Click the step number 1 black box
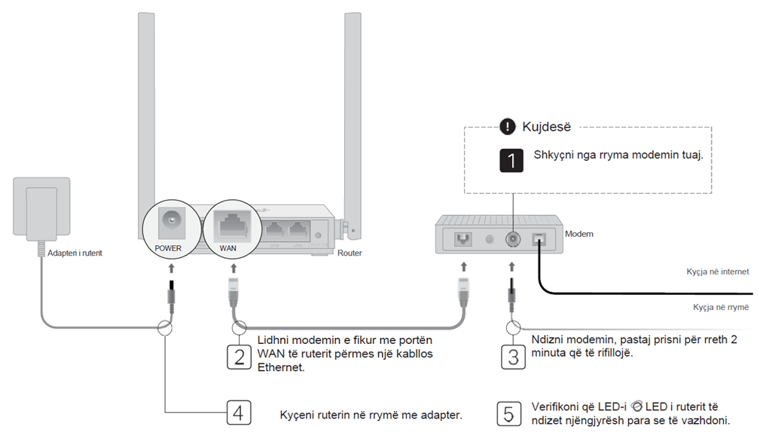pos(512,161)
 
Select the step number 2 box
pos(239,355)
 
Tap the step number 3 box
pos(513,355)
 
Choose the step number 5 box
pos(508,413)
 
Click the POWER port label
pos(168,247)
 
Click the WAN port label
pos(227,247)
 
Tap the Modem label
pos(579,234)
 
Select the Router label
pos(349,253)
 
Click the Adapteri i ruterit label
pos(75,253)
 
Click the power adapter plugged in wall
pos(43,208)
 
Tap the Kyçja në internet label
pos(717,272)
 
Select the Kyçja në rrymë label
pos(720,307)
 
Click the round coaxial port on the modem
pos(512,239)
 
